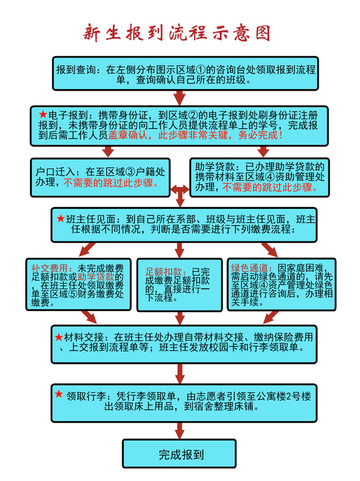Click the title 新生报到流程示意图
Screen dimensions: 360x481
click(177, 33)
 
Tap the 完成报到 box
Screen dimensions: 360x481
click(179, 454)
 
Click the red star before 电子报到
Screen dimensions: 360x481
click(43, 114)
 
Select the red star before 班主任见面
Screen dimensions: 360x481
click(61, 219)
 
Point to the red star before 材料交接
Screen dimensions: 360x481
click(59, 337)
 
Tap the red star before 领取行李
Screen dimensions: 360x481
click(59, 394)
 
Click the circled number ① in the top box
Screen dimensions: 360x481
click(201, 70)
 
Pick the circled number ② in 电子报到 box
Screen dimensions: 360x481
click(193, 115)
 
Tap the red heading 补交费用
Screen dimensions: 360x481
click(50, 269)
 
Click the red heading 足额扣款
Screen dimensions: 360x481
click(163, 272)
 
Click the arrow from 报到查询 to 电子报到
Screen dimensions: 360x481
click(180, 98)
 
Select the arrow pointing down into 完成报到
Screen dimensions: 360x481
click(180, 431)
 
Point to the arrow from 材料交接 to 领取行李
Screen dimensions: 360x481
click(180, 374)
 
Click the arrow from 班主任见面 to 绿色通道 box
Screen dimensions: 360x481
click(270, 250)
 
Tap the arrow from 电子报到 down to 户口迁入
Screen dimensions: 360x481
click(108, 152)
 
